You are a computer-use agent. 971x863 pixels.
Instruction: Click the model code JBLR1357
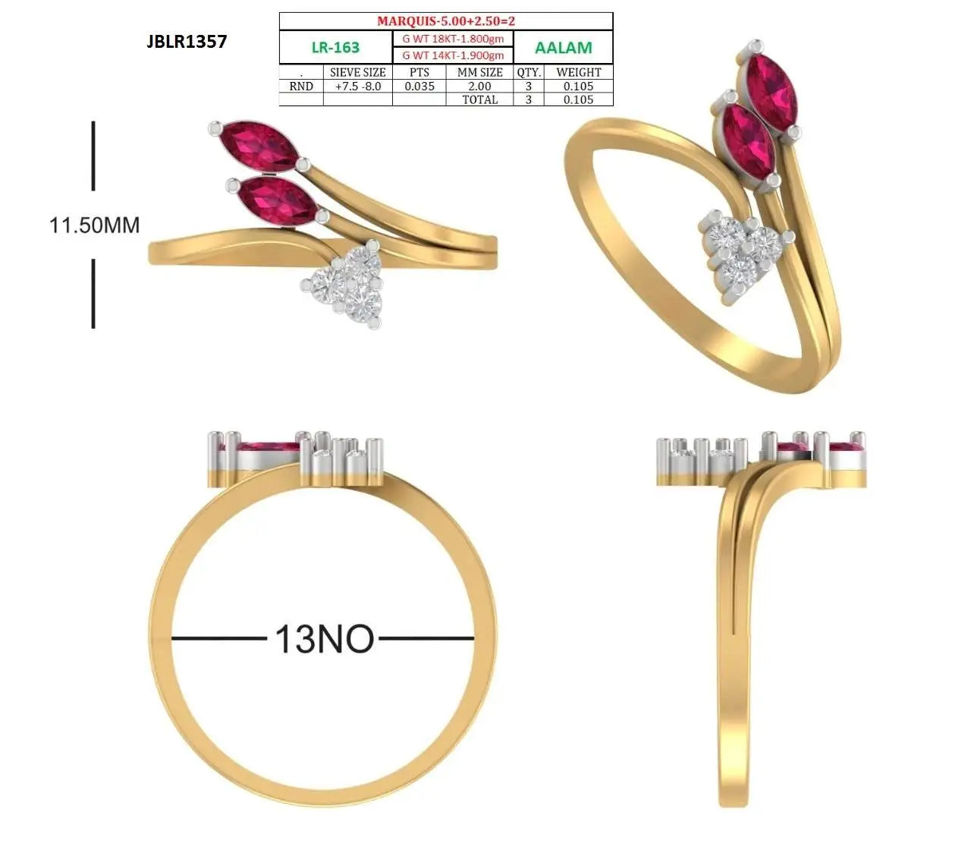[x=187, y=41]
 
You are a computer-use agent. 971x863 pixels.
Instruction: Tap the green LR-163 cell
[x=335, y=47]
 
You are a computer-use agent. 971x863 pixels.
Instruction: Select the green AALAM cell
[x=563, y=47]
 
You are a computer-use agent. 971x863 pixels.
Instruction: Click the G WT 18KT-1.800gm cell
[x=453, y=39]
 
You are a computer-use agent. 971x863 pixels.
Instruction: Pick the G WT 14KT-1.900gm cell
[x=453, y=55]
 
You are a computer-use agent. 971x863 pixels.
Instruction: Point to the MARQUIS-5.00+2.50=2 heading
[x=446, y=21]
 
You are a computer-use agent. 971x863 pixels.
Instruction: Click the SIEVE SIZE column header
[x=357, y=72]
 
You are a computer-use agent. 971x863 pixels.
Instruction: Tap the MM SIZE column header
[x=479, y=72]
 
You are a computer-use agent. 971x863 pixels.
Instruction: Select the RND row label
[x=301, y=87]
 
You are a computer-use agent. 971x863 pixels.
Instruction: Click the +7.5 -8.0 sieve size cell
[x=358, y=87]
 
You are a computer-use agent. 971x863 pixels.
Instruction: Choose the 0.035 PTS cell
[x=420, y=87]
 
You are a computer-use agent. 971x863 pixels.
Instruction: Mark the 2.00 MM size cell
[x=479, y=87]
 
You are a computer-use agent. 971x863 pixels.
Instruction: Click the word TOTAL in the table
[x=479, y=99]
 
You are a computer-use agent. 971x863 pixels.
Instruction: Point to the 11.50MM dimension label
[x=94, y=225]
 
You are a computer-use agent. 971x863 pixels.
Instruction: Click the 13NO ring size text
[x=324, y=639]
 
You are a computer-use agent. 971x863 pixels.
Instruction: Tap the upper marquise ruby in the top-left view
[x=259, y=146]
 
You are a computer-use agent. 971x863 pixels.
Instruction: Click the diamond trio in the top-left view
[x=344, y=286]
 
